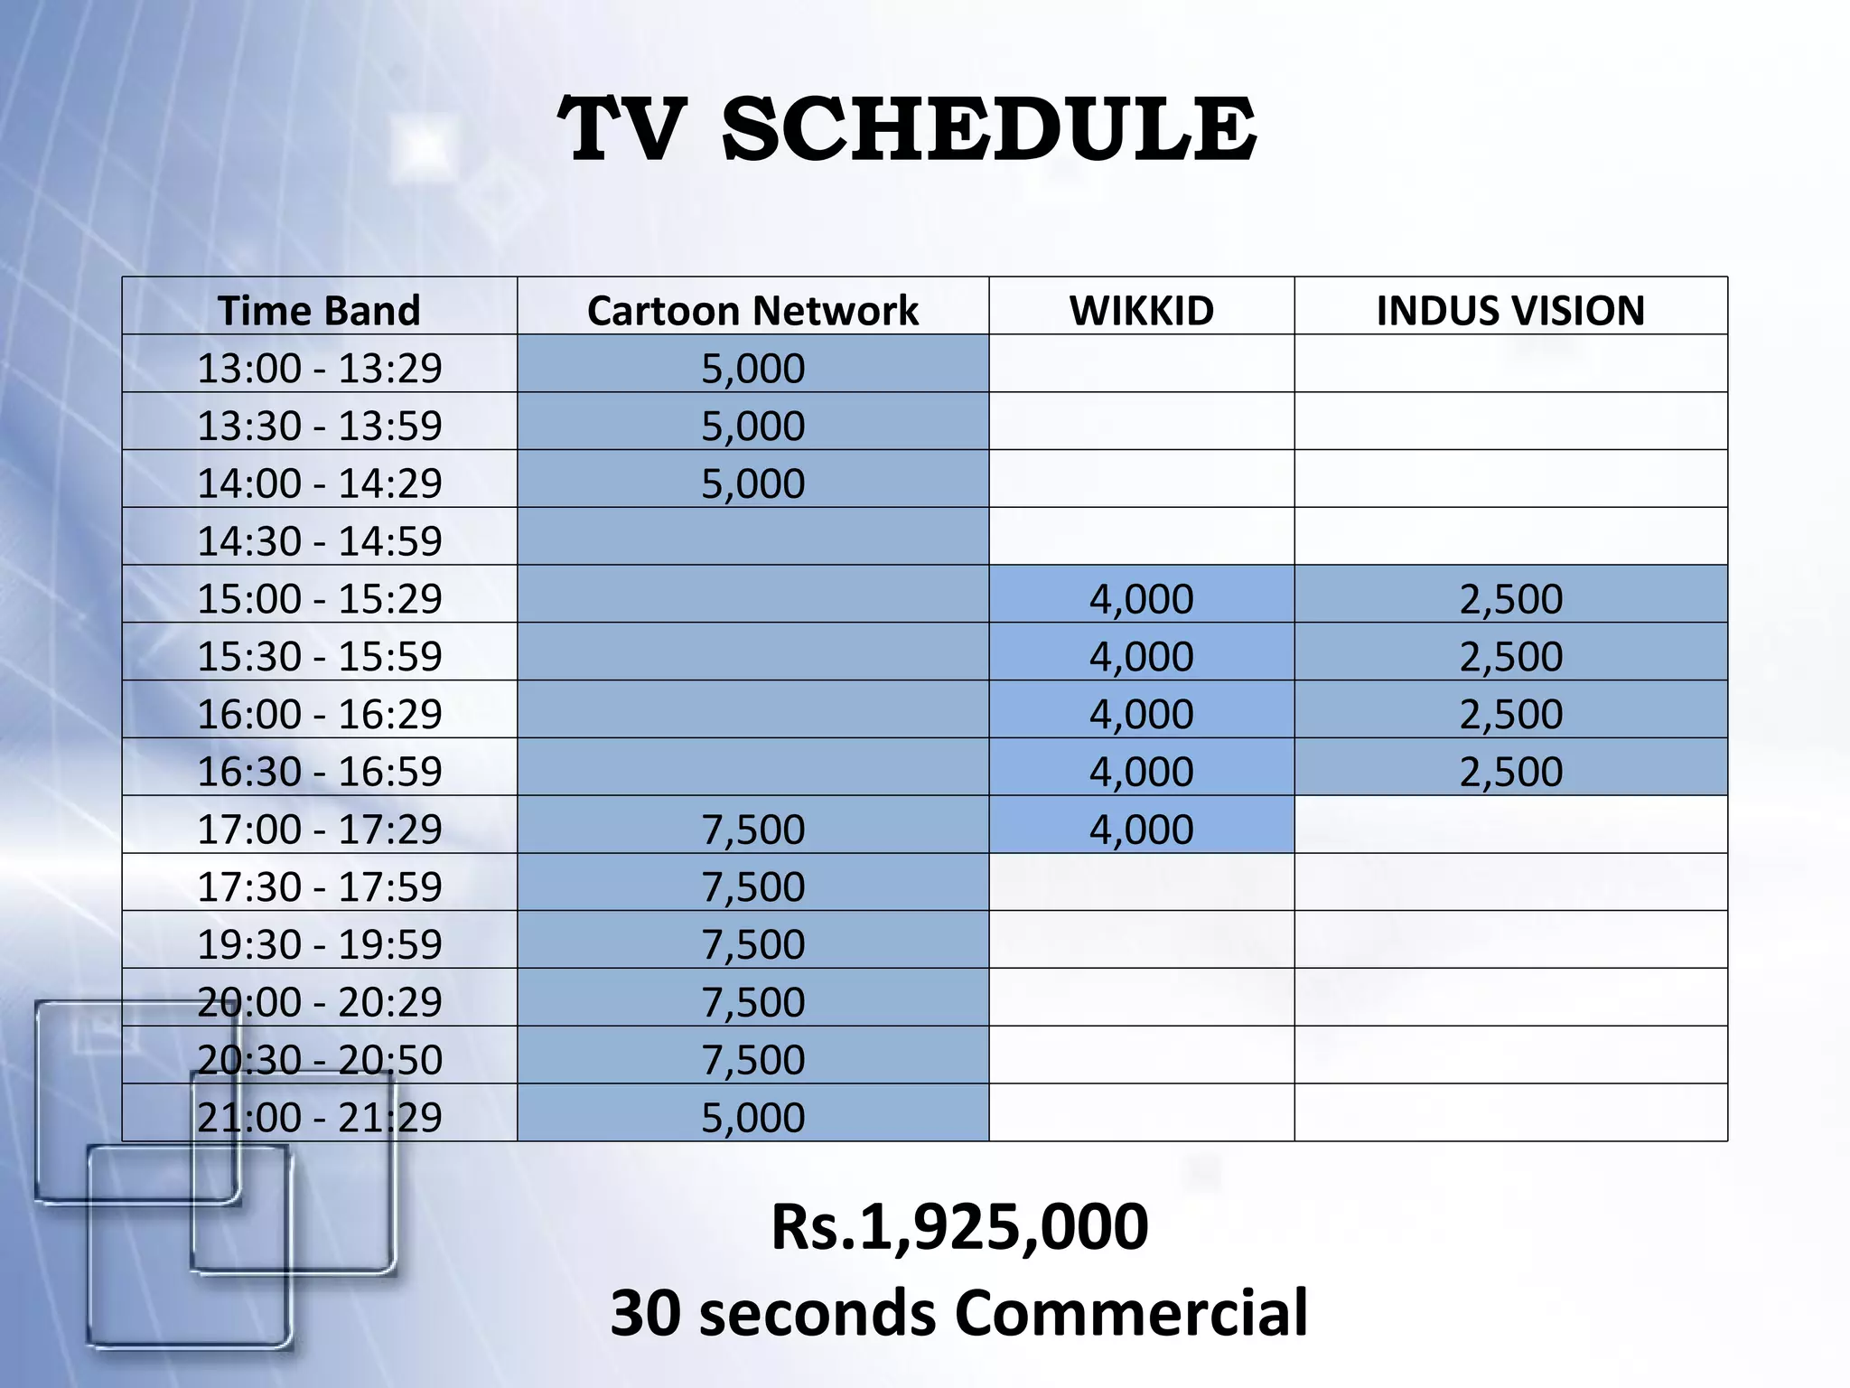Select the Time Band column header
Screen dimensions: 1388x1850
319,310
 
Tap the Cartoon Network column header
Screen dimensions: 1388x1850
752,310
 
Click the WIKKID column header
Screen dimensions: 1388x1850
1142,310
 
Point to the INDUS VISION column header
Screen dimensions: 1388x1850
1510,310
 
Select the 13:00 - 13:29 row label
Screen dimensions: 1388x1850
319,368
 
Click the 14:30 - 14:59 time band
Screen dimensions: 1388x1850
319,540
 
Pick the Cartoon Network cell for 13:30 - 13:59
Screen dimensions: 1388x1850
752,426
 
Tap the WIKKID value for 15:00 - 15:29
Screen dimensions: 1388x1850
1142,598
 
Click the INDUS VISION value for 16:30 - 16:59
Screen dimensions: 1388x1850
1510,771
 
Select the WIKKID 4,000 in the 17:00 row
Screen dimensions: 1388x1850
1142,829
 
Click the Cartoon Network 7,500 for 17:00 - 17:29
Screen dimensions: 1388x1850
752,829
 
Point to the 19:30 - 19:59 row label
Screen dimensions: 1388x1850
319,944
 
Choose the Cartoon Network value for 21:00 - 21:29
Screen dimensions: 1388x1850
752,1117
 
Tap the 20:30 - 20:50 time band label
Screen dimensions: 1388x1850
319,1059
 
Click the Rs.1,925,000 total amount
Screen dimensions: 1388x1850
959,1226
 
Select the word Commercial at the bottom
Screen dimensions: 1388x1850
1131,1312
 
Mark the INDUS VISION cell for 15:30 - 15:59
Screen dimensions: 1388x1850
1510,656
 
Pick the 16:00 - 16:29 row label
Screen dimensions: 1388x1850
319,714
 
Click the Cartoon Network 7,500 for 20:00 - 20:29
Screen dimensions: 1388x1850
752,1001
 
